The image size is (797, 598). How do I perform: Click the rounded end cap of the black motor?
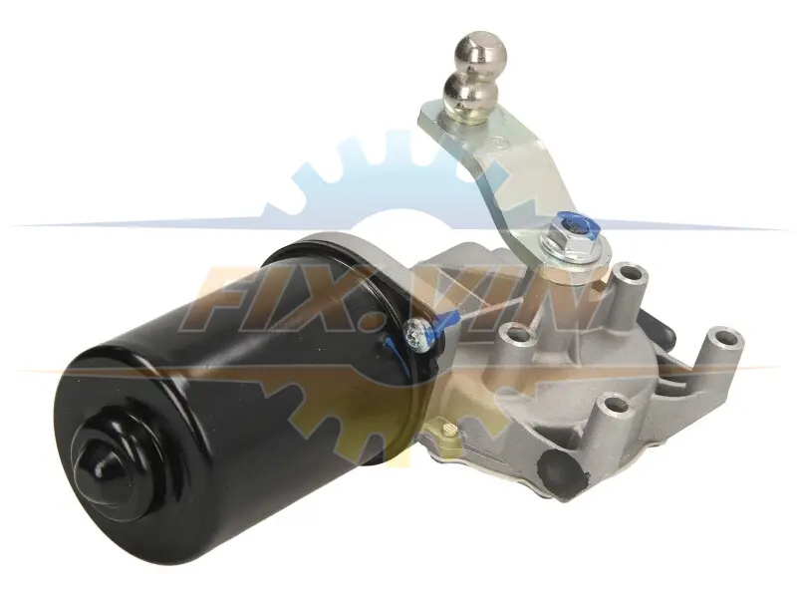pyautogui.click(x=106, y=465)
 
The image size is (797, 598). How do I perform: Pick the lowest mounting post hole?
pyautogui.click(x=612, y=407)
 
